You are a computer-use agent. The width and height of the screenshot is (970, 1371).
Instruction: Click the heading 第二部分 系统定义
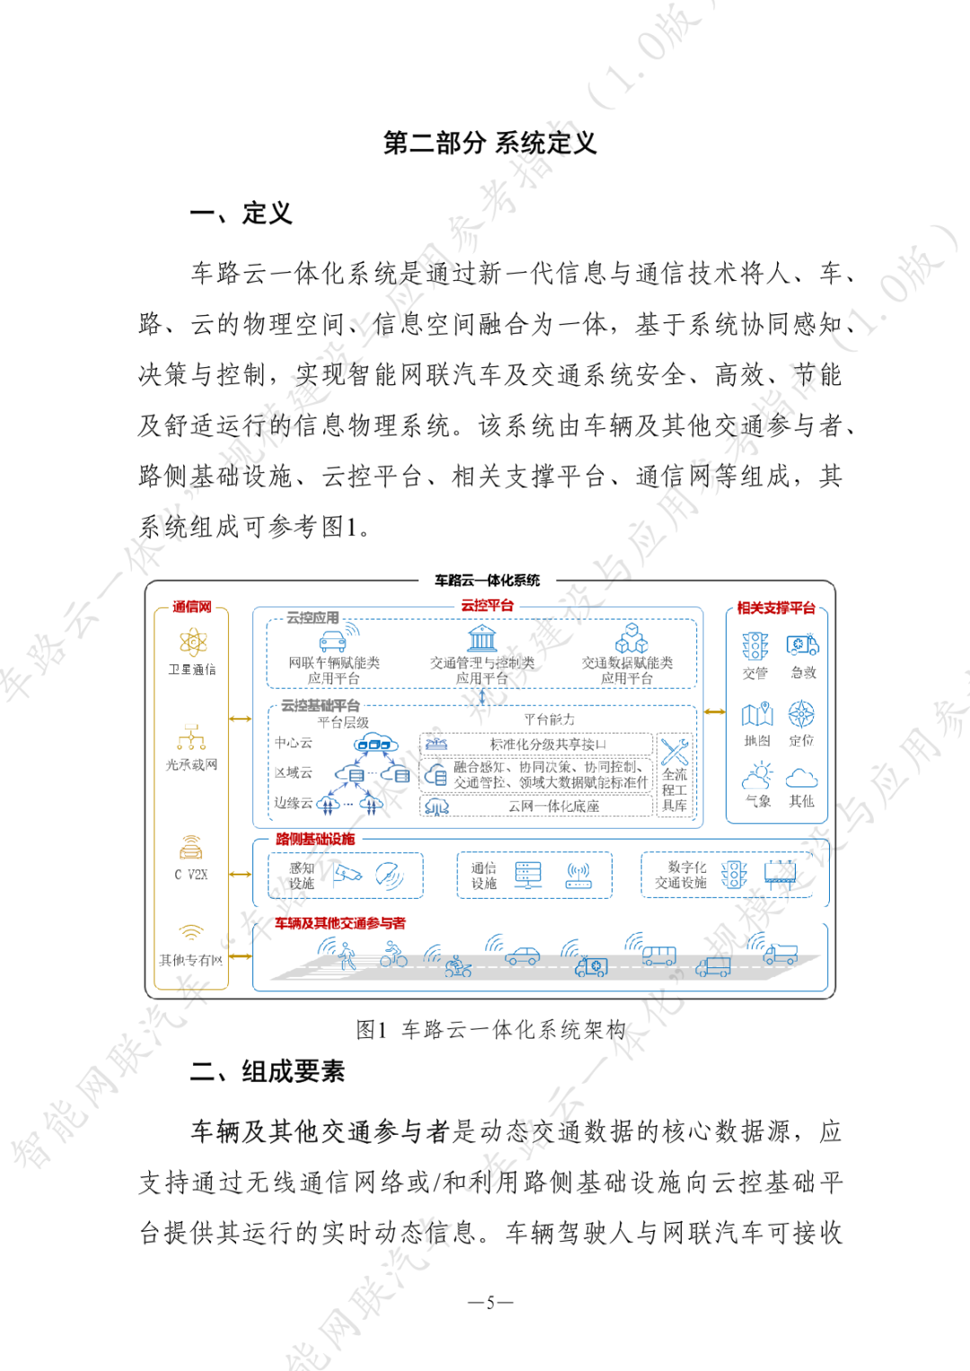tap(489, 143)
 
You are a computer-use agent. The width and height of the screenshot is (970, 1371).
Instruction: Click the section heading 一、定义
tap(241, 213)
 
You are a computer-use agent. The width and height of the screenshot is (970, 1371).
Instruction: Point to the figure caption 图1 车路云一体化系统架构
tap(490, 1030)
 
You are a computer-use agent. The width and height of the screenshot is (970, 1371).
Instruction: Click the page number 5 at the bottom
tap(490, 1302)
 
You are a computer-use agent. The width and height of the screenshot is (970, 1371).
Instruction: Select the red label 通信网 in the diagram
tap(191, 607)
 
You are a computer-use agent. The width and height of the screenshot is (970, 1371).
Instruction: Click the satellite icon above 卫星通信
tap(192, 642)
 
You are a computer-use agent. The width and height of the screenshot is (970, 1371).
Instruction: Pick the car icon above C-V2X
tap(191, 847)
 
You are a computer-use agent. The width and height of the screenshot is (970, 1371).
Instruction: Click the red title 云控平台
tap(488, 605)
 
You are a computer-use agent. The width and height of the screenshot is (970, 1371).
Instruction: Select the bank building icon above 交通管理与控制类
tap(482, 638)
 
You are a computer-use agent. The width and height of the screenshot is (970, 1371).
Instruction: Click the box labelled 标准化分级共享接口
tap(537, 744)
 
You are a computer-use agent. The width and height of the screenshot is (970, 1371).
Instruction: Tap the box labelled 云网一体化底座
tap(537, 806)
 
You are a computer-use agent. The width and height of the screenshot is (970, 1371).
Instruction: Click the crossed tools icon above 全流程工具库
tap(675, 751)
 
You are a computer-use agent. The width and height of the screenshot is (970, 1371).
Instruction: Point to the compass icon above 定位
tap(801, 715)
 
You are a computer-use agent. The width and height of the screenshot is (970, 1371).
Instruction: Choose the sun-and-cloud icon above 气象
tap(757, 776)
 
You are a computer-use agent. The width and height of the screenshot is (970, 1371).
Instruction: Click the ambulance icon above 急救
tap(802, 646)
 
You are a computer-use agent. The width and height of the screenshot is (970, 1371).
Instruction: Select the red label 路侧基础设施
tap(315, 839)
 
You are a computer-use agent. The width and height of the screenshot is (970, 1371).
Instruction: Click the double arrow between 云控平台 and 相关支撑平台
tap(714, 712)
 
